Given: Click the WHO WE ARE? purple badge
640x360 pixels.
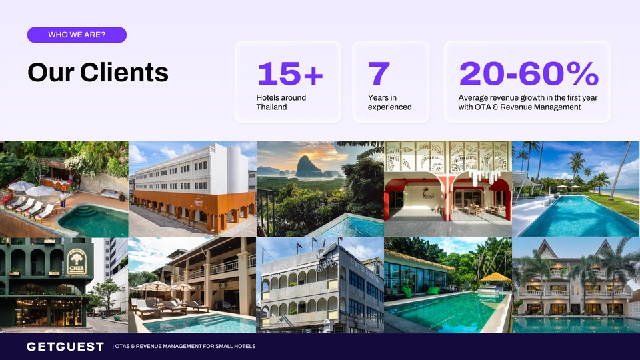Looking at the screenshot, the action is coord(77,35).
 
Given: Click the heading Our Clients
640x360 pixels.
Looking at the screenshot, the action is coord(98,72).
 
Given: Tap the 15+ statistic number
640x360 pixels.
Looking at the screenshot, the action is coord(290,73).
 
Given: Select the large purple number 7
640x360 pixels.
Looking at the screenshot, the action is coord(379,73).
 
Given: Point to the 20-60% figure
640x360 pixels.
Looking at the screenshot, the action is coord(529,73).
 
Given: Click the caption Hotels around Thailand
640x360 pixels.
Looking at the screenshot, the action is coord(281,102).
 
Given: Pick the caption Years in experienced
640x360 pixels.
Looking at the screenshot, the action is coord(389,102).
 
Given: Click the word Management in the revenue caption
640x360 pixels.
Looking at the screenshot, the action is coord(559,107).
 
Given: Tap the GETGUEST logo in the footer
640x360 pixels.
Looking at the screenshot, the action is coord(65,347).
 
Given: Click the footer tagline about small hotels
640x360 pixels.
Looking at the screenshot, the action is coord(185,346).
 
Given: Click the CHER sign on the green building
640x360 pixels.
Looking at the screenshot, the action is coord(77,262).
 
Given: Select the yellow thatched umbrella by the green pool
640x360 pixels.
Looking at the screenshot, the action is coord(495,279).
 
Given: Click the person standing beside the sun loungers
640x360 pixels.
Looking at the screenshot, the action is coord(63,201).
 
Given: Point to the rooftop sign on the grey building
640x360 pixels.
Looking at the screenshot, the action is coord(327,256).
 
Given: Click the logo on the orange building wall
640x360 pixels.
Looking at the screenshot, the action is coord(199,202).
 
